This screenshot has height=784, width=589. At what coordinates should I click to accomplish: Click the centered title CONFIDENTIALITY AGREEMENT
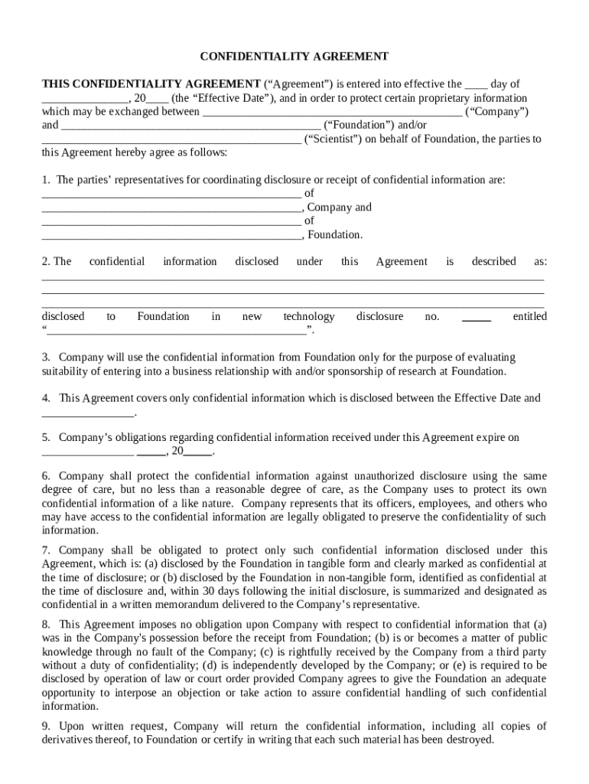coord(294,57)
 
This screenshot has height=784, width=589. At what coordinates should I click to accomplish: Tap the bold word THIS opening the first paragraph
coord(58,84)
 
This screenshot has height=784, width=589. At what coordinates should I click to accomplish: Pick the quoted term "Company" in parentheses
coord(497,113)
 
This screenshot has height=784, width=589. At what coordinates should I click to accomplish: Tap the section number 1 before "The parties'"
coord(45,180)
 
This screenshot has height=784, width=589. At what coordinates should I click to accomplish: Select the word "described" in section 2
coord(493,262)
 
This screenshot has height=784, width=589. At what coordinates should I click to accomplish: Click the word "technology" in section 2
coord(308,317)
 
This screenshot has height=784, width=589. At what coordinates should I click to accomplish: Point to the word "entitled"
coord(529,317)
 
